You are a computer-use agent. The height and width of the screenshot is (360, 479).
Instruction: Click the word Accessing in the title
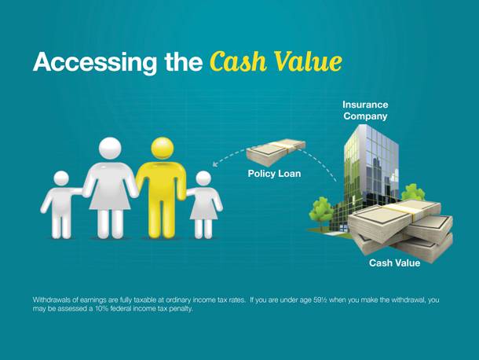[95, 63]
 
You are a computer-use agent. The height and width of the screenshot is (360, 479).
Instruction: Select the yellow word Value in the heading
[308, 61]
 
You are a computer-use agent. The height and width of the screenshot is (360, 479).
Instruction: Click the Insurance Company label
[365, 110]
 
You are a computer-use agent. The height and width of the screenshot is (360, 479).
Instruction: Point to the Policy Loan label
[274, 174]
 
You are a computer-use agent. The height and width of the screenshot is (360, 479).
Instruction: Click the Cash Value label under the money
[394, 263]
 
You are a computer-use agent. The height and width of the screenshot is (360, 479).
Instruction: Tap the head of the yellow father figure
[163, 149]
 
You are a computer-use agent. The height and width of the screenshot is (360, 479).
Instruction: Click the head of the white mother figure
[110, 149]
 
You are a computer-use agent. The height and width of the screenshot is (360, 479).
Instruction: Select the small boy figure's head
[61, 179]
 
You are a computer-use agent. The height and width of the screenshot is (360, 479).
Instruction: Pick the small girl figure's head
[203, 178]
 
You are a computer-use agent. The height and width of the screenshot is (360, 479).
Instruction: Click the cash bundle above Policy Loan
[276, 152]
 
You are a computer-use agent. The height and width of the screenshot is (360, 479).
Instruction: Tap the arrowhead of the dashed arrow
[215, 164]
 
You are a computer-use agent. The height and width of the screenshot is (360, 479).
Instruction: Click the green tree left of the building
[320, 210]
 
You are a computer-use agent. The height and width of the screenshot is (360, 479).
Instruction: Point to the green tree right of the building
[412, 192]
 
